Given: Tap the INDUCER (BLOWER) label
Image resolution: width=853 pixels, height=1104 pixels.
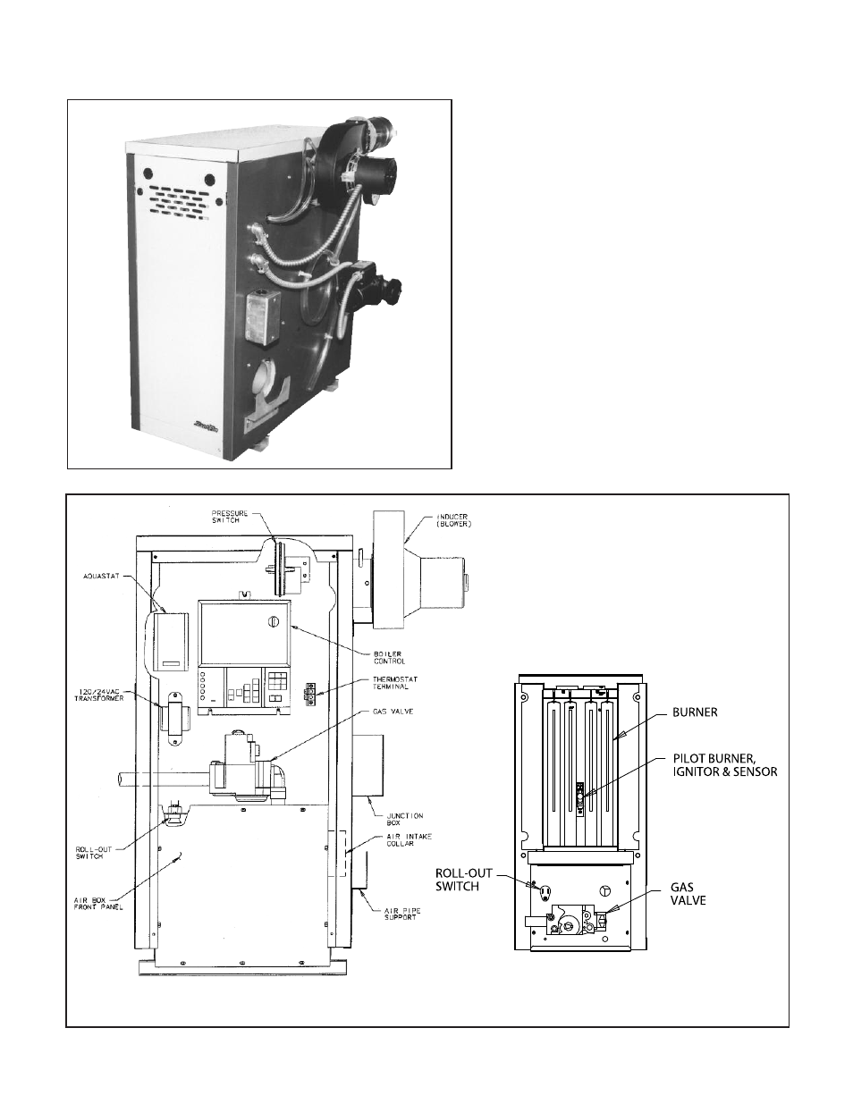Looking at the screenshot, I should tap(437, 520).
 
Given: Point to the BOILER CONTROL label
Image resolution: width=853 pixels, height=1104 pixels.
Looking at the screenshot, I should tap(390, 657).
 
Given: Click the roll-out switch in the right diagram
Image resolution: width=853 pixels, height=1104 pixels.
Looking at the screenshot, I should tap(544, 891).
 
